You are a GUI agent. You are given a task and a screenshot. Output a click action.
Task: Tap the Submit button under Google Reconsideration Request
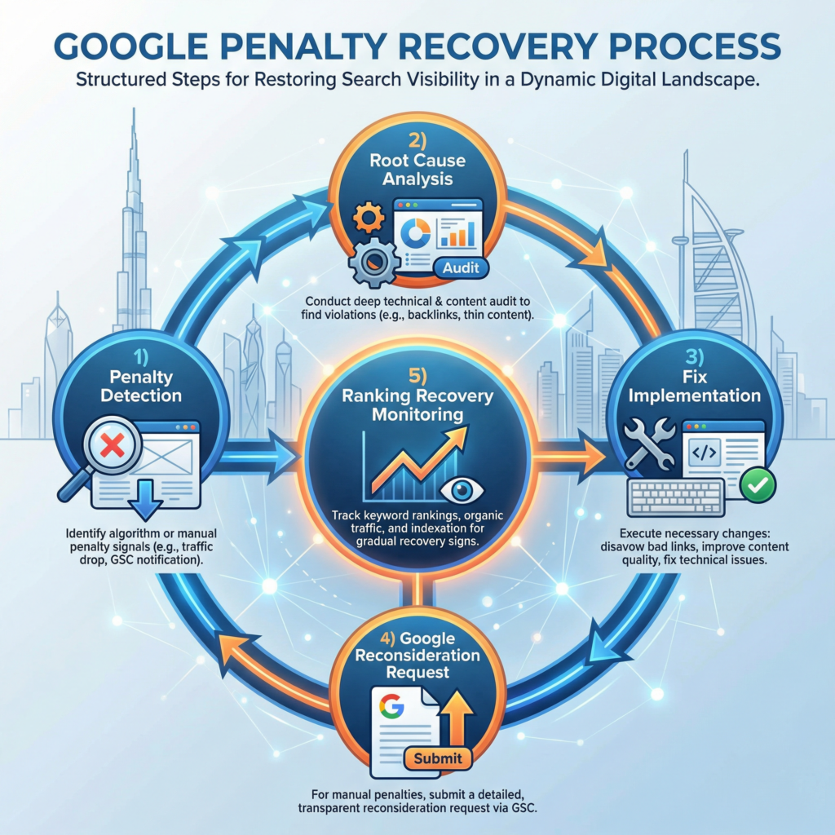point(438,758)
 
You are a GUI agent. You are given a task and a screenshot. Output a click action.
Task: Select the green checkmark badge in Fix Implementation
point(758,484)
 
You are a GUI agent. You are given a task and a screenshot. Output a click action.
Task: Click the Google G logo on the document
point(392,704)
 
